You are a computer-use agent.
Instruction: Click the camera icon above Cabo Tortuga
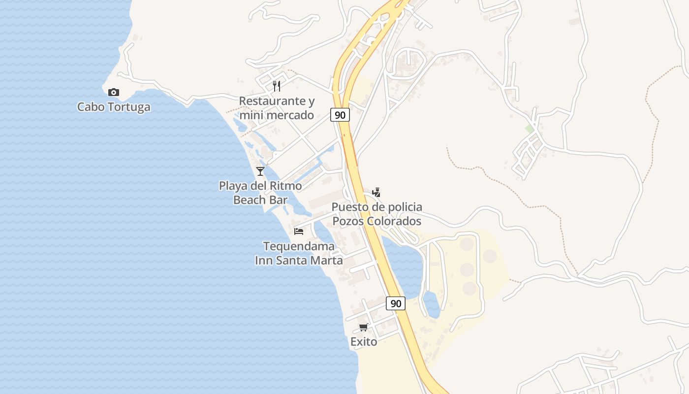tap(114, 92)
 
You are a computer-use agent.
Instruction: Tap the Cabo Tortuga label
tap(114, 107)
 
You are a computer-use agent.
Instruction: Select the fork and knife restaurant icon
tap(277, 86)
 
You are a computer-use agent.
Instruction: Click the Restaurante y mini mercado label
tap(277, 108)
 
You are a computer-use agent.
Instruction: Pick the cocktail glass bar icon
tap(260, 171)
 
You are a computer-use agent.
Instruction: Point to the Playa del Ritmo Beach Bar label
tap(260, 193)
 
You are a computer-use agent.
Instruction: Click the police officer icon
tap(376, 192)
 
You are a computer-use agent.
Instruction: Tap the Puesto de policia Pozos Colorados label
tap(376, 214)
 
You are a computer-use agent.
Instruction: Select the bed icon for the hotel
tap(299, 231)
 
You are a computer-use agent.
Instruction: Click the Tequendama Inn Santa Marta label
tap(299, 253)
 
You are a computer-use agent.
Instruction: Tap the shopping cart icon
tap(364, 328)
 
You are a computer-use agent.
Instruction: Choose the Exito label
tap(364, 342)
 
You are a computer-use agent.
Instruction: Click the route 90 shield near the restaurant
tap(340, 115)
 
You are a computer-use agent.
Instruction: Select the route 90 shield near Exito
tap(396, 303)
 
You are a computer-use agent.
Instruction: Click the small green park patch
tap(529, 129)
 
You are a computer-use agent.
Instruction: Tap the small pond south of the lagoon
tap(432, 304)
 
